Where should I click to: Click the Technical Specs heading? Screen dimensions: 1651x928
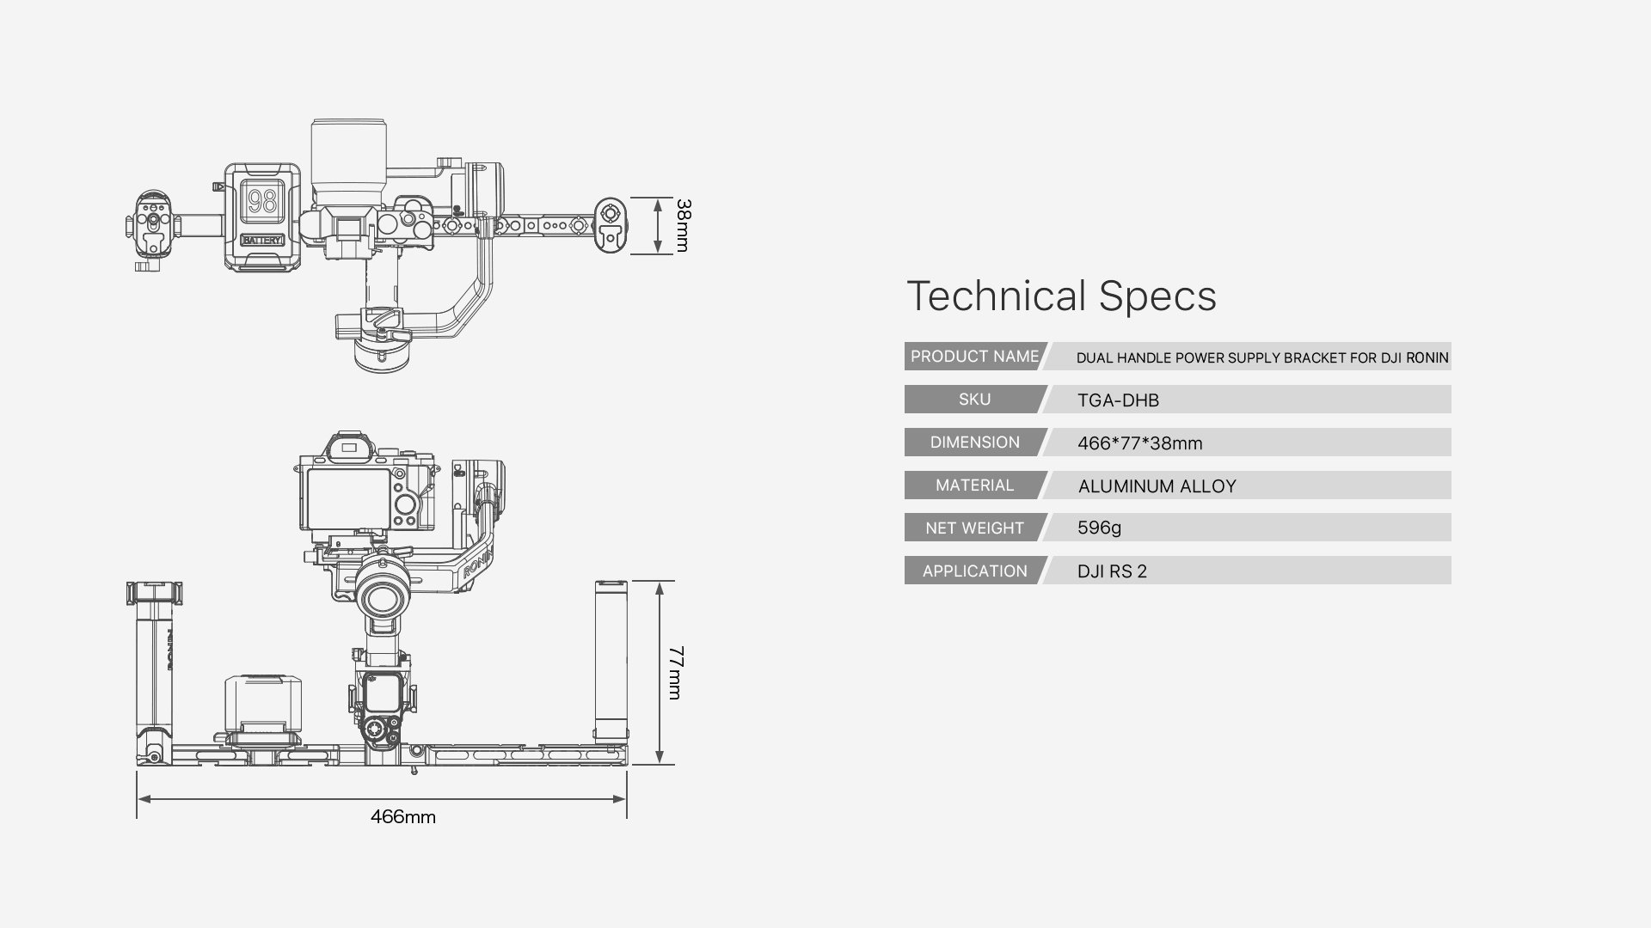click(x=1061, y=296)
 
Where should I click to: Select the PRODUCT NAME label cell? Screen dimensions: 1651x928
click(x=974, y=357)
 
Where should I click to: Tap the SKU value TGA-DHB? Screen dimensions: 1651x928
click(x=1118, y=400)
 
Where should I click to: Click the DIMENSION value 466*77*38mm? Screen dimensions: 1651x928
click(x=1139, y=443)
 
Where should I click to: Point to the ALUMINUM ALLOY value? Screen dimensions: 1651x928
click(x=1157, y=486)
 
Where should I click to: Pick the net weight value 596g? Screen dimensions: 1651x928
click(x=1099, y=528)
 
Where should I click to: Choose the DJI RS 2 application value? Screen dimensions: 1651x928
click(x=1112, y=571)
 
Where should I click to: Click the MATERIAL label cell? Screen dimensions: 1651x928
click(x=974, y=485)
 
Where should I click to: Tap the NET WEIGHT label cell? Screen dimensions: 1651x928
click(x=974, y=528)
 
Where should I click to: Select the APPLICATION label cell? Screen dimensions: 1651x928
click(x=974, y=571)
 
